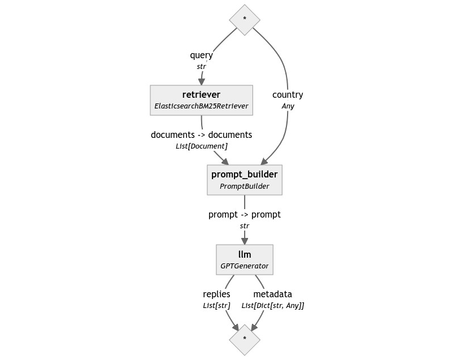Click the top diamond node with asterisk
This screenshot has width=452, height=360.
click(245, 19)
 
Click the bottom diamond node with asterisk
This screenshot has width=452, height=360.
click(245, 339)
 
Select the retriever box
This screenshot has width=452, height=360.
click(201, 100)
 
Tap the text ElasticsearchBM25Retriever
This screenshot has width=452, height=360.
click(201, 106)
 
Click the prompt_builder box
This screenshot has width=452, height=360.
click(245, 180)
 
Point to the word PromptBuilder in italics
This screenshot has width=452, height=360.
click(245, 186)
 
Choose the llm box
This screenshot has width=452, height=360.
click(245, 259)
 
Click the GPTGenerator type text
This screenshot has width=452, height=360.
click(245, 266)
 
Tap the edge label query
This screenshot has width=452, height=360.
click(202, 55)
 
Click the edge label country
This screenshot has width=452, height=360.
click(288, 95)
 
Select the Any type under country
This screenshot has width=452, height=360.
click(288, 106)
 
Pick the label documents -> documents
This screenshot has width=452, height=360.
click(202, 135)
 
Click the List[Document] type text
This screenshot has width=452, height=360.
click(202, 146)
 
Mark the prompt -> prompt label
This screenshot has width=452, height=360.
click(245, 215)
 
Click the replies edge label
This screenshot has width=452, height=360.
click(216, 294)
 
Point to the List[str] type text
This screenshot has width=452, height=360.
click(216, 305)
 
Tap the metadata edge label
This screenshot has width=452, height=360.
click(272, 294)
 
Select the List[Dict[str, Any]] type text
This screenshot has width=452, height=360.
click(272, 305)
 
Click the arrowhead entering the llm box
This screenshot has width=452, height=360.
click(245, 241)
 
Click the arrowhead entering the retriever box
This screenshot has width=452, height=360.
click(201, 81)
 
